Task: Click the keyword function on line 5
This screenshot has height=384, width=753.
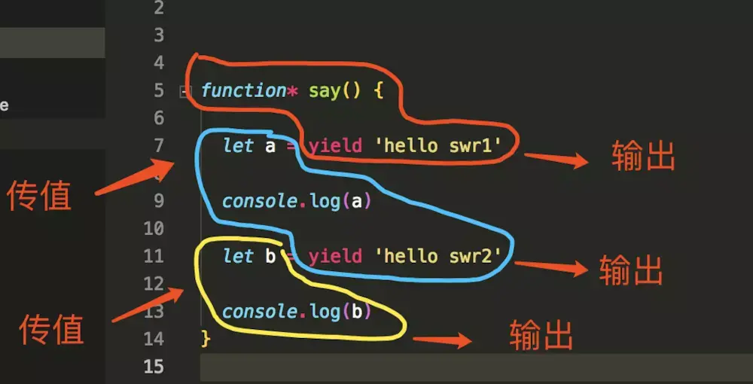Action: [x=243, y=91]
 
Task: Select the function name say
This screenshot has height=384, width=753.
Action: [x=325, y=91]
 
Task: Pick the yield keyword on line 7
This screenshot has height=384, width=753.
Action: [x=335, y=145]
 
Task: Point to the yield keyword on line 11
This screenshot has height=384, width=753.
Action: [x=335, y=256]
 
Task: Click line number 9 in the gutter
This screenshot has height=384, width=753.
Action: [x=157, y=201]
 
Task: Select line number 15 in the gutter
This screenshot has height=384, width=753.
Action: [x=153, y=367]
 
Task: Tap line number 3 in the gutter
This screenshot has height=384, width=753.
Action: [x=157, y=35]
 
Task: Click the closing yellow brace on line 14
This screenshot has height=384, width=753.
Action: [x=206, y=339]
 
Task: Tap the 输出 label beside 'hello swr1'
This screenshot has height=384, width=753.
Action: [x=643, y=157]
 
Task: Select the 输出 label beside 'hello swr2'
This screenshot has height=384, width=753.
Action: [x=631, y=270]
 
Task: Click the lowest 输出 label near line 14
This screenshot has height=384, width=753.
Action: [x=541, y=335]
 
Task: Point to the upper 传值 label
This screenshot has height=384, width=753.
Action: [x=39, y=196]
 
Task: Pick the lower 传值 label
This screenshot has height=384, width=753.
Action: [x=51, y=329]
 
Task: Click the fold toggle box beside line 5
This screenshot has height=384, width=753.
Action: [x=185, y=92]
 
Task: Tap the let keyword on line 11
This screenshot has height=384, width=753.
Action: [x=238, y=256]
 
